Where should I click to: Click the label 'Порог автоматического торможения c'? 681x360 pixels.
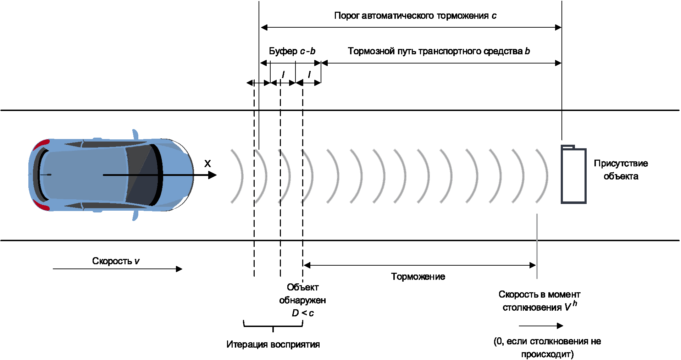tap(415, 16)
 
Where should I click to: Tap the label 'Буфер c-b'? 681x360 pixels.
tap(292, 51)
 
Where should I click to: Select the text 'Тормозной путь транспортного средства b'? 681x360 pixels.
tap(438, 51)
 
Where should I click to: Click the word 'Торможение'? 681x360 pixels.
tap(418, 277)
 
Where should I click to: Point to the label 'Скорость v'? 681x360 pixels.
tap(116, 261)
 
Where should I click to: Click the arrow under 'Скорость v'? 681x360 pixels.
tap(117, 269)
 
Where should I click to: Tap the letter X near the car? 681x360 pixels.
tap(207, 164)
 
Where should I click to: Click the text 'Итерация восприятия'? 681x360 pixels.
tap(273, 344)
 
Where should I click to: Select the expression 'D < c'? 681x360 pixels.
tap(303, 313)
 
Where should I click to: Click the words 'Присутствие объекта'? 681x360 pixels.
tap(621, 170)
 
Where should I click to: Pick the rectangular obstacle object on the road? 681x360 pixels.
tap(573, 175)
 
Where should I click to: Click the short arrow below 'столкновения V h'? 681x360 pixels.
tap(541, 326)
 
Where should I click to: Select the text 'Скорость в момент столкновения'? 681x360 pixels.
tap(539, 301)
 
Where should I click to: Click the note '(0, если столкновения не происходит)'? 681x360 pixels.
tap(547, 348)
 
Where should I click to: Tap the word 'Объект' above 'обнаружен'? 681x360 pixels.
tap(303, 287)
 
